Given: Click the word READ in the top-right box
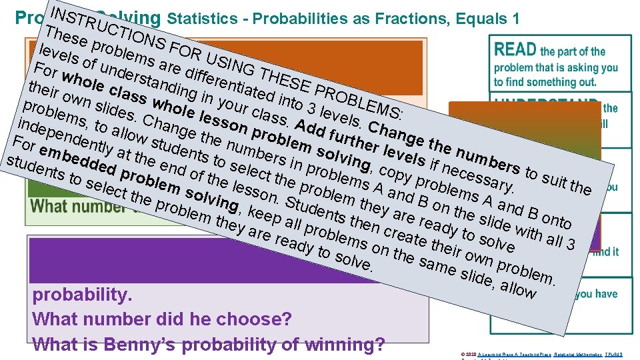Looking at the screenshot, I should pos(515,49).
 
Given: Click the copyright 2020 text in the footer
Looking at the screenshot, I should pos(466,353).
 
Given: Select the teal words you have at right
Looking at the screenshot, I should pos(597,294).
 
